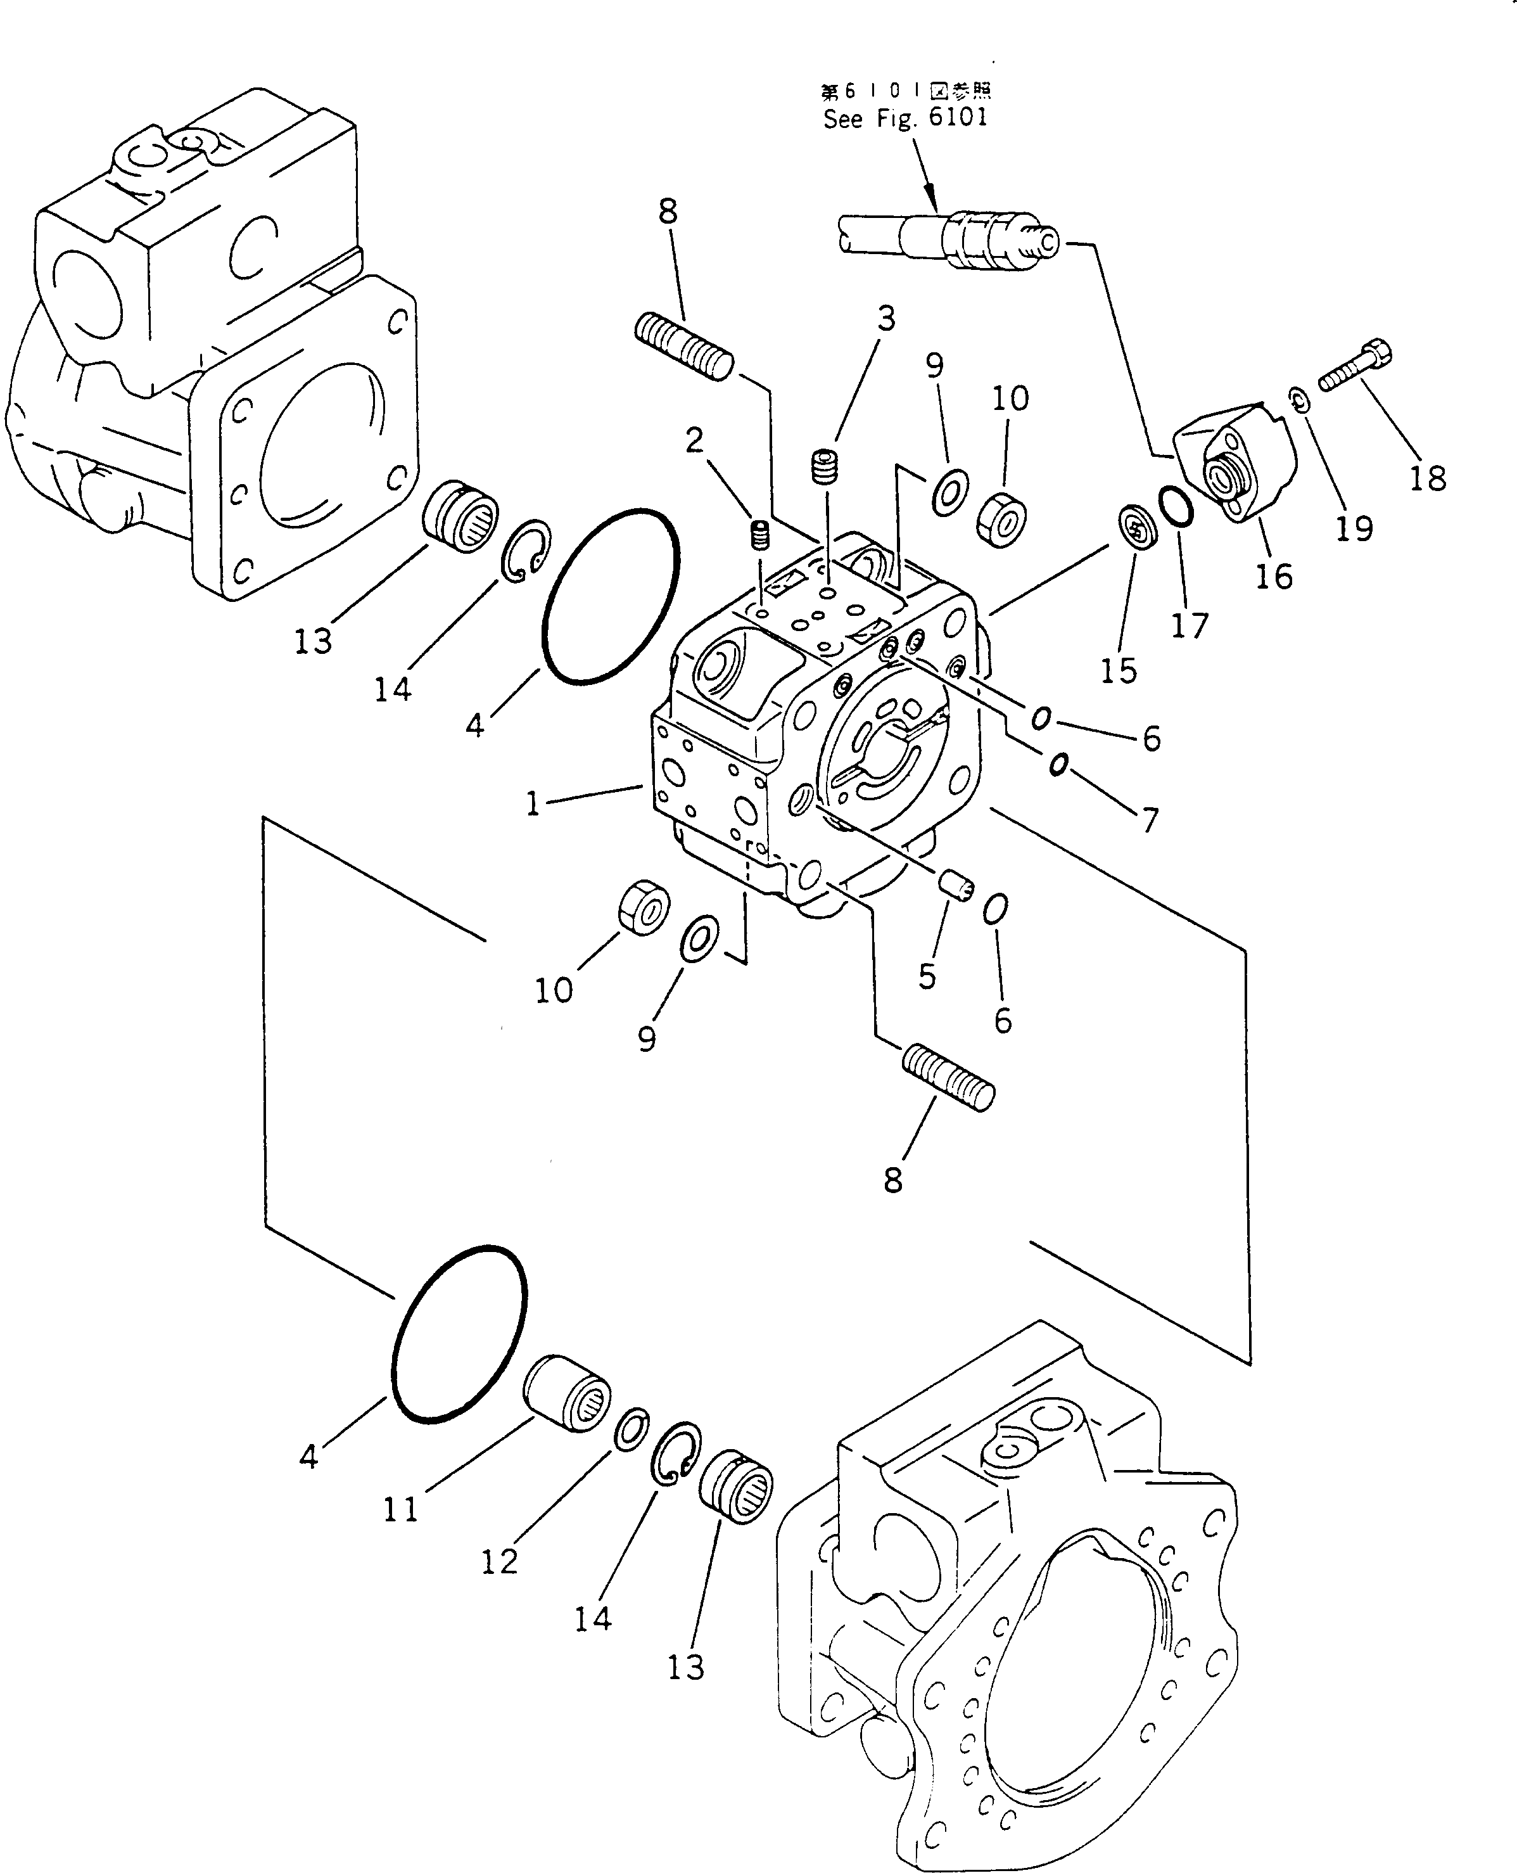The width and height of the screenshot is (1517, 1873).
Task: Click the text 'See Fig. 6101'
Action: click(905, 118)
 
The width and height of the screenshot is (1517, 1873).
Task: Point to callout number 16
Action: click(1273, 576)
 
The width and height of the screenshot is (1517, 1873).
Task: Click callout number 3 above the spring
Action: click(886, 319)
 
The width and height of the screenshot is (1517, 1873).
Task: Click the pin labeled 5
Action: click(955, 887)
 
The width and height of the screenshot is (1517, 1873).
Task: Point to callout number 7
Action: click(1150, 820)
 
